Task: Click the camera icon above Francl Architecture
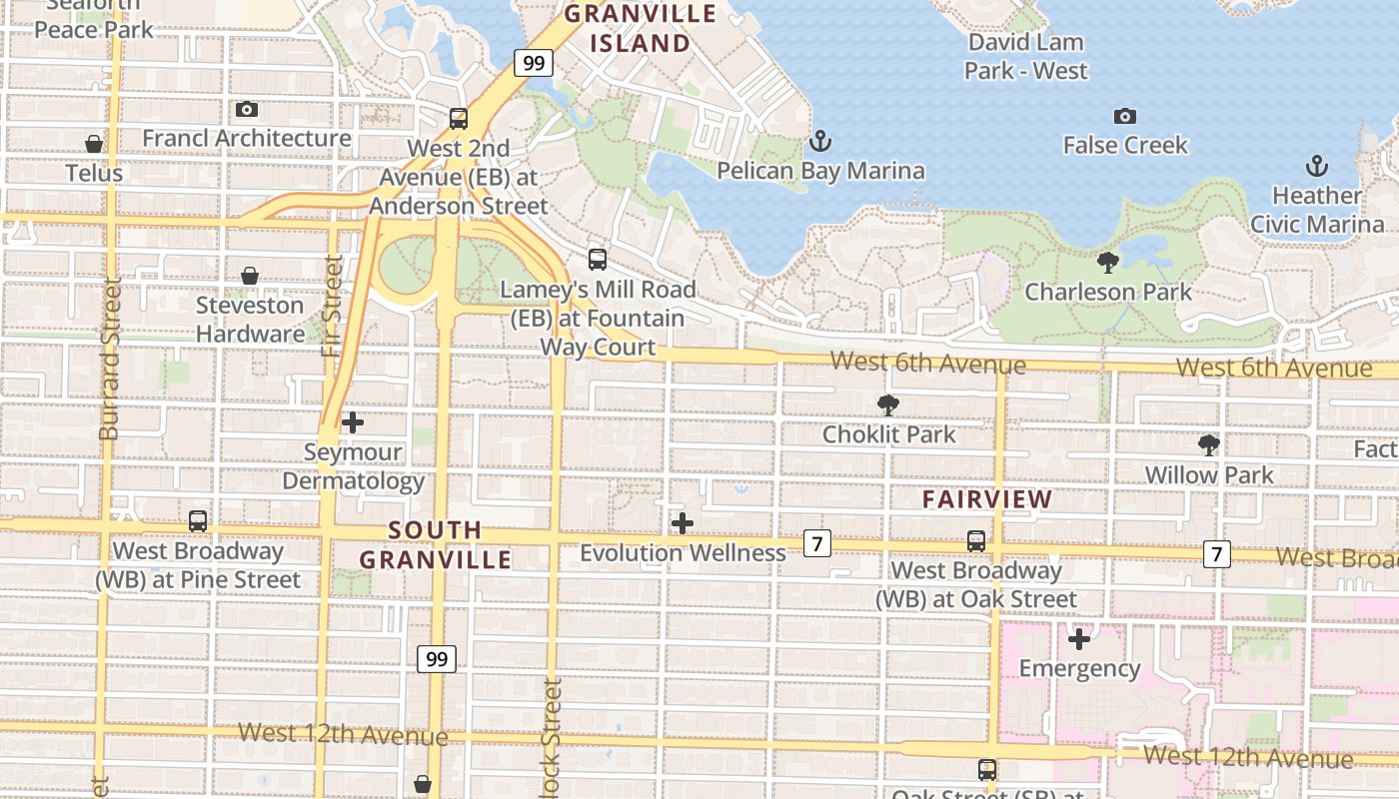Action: pos(247,109)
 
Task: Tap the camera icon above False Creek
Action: pos(1125,116)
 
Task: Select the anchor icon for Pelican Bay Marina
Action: pos(820,140)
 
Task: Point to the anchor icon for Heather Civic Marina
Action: pos(1317,165)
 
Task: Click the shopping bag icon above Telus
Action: pos(94,144)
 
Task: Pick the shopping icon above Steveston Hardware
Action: pos(250,275)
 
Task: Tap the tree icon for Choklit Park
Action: pos(887,404)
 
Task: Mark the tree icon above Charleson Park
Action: pos(1107,263)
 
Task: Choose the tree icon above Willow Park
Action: pos(1209,444)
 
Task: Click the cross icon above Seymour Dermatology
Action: pos(353,422)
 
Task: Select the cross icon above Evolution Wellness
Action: pos(683,522)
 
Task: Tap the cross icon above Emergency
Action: pos(1079,638)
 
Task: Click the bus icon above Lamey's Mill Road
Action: pos(598,260)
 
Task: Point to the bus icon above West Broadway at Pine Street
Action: pos(198,520)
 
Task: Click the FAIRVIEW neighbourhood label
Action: pos(987,498)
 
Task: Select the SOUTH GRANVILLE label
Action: pos(435,544)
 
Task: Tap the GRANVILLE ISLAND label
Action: pos(641,28)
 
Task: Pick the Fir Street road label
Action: pos(333,306)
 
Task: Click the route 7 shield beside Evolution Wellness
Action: pos(817,543)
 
